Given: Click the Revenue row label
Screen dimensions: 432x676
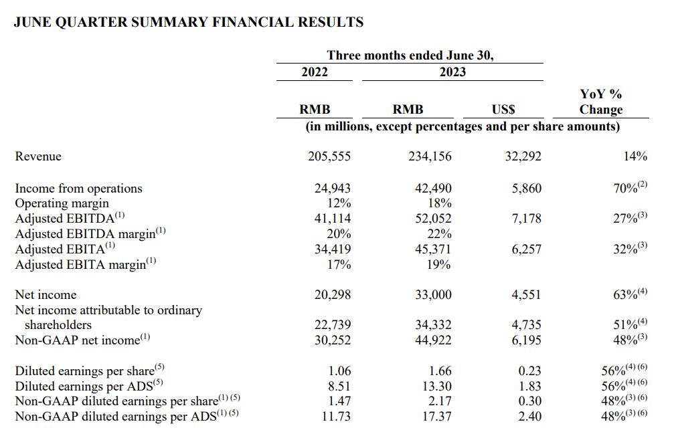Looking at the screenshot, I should (x=38, y=156).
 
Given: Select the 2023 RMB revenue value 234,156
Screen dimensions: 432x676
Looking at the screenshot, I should (x=430, y=156).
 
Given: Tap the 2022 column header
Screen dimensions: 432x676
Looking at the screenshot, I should (x=315, y=72).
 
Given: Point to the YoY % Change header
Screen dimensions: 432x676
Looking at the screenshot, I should (x=600, y=102).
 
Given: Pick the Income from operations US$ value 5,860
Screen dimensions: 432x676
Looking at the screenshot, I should (x=527, y=189).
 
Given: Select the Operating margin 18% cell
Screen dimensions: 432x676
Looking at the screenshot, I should (x=439, y=203).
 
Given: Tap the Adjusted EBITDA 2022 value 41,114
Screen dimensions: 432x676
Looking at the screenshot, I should (x=333, y=218).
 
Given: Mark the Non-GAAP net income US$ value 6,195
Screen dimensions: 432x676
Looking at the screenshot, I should (x=527, y=340).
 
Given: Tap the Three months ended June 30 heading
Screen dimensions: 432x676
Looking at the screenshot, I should (x=410, y=56).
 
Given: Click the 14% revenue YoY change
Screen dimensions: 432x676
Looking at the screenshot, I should (x=635, y=156).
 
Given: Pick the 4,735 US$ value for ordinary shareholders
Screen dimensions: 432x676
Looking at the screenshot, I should (x=527, y=325).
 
